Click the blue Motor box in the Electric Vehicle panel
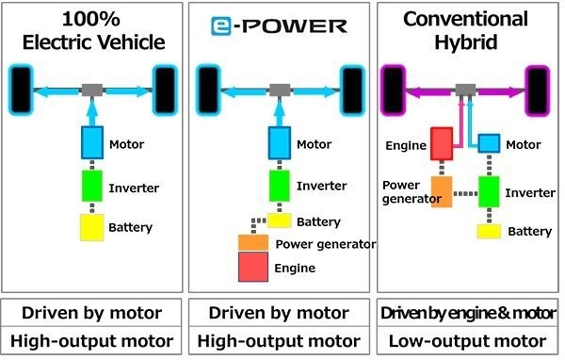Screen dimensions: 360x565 point(92,144)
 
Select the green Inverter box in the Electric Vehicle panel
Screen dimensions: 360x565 point(92,185)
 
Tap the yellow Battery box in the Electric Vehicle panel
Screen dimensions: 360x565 point(92,226)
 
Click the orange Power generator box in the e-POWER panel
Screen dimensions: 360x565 point(254,243)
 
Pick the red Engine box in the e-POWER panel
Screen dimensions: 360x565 point(254,268)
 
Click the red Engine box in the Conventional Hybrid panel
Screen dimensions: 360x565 point(443,144)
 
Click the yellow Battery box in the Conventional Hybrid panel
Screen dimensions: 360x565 point(488,231)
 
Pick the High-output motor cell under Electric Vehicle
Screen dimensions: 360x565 point(92,340)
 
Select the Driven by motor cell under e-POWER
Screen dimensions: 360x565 point(279,313)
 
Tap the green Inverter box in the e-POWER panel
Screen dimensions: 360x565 point(280,185)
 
